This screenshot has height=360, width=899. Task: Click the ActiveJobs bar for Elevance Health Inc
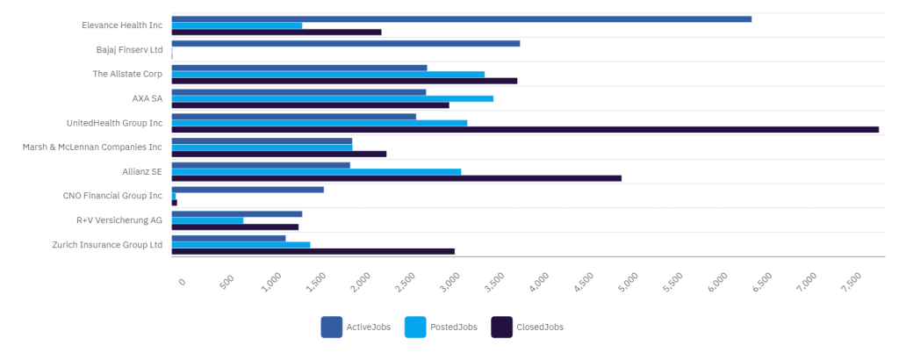tap(461, 18)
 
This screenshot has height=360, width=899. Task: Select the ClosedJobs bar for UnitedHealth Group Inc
tap(525, 129)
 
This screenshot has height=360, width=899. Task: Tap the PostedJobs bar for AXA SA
tap(332, 98)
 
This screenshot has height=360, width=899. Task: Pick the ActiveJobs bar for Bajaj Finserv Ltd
tap(345, 43)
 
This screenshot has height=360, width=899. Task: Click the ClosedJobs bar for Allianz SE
tap(396, 178)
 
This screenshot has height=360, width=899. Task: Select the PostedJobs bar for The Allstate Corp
tap(327, 74)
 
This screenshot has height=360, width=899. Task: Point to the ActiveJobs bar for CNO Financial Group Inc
tap(248, 190)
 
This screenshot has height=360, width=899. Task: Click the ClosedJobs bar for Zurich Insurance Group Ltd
tap(313, 251)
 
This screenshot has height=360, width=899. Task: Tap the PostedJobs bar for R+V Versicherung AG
tap(207, 220)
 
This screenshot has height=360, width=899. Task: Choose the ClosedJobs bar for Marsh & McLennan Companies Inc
tap(278, 154)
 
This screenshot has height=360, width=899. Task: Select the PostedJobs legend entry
tap(441, 328)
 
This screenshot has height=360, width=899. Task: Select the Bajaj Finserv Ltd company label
tap(129, 50)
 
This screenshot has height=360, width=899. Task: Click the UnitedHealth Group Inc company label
tap(114, 123)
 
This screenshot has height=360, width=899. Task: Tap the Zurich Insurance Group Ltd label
tap(107, 245)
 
